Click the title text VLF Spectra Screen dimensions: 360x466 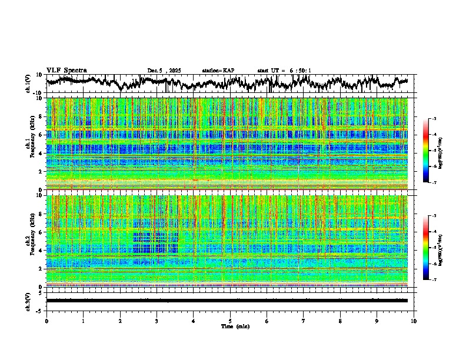[66, 70]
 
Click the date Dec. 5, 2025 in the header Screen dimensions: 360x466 [164, 71]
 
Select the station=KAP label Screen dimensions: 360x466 [218, 71]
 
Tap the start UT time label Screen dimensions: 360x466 [284, 71]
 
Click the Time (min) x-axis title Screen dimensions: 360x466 [230, 326]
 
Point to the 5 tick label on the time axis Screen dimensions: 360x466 [230, 321]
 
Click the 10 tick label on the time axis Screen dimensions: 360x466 [414, 321]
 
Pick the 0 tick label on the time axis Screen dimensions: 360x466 [46, 321]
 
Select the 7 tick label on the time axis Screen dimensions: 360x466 [304, 321]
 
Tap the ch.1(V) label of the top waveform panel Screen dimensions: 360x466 [28, 84]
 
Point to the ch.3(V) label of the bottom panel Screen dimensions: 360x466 [28, 300]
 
